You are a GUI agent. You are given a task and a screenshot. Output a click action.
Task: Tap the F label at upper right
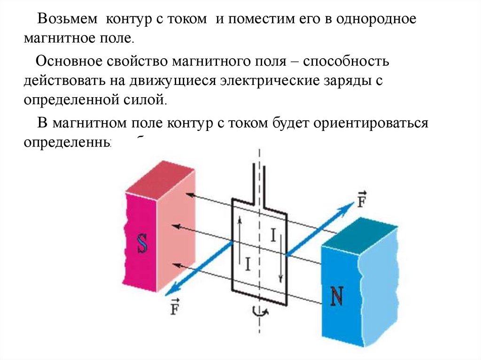point(362,199)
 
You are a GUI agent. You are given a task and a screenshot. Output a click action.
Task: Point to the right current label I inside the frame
point(272,235)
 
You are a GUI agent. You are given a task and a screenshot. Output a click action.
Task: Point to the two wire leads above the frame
point(260,181)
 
